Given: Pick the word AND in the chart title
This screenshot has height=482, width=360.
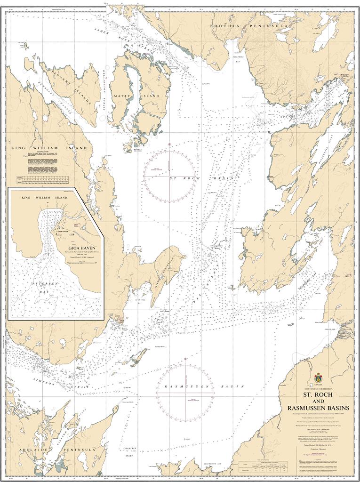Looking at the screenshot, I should point(319,400).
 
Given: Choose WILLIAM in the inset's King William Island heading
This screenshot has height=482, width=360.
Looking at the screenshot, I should point(47,198).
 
